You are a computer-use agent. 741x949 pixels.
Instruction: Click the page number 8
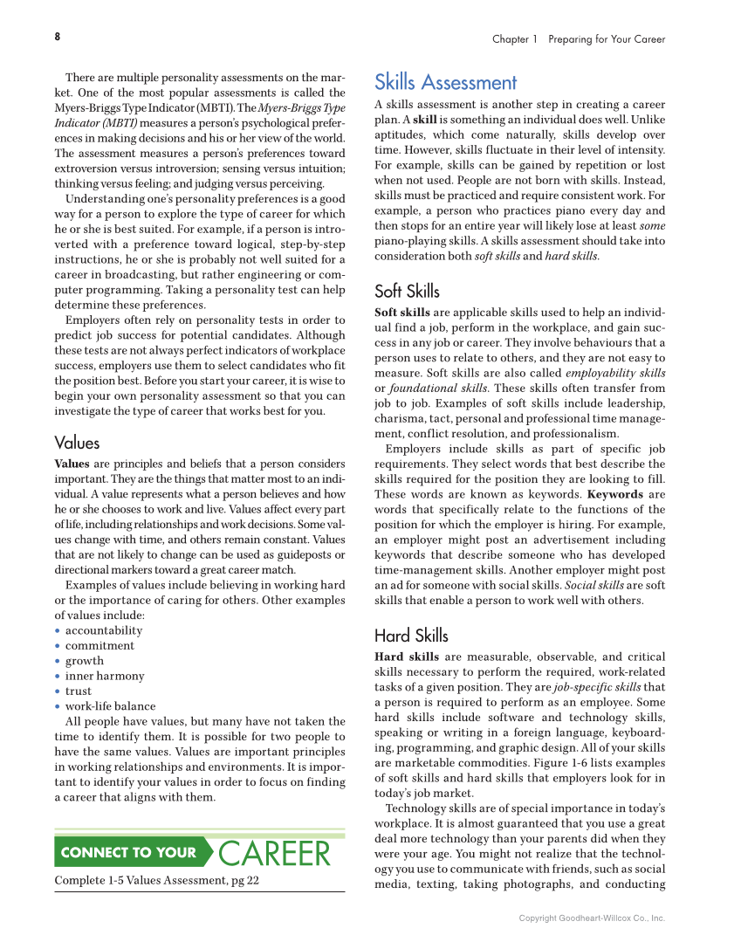pos(58,37)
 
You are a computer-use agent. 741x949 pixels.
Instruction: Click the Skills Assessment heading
pos(445,83)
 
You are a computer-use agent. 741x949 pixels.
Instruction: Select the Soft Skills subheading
pos(407,292)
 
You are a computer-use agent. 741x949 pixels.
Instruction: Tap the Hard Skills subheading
pos(411,636)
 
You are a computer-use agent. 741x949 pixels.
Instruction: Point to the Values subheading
pos(77,443)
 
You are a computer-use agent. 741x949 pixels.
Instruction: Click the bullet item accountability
pos(104,630)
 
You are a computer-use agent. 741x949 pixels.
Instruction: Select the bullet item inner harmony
pos(105,676)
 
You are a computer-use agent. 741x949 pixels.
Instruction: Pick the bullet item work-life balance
pos(110,706)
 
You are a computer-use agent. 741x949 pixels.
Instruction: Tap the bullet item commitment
pos(99,645)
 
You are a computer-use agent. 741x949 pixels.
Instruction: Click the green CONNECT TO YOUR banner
pos(128,853)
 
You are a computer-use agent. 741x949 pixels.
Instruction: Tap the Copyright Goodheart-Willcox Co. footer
pos(592,918)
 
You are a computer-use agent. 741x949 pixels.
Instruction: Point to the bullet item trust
pos(78,691)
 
